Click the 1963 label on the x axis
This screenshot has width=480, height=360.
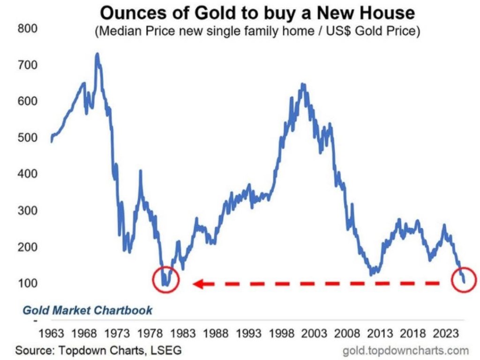pyautogui.click(x=51, y=334)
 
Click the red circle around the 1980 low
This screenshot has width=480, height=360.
pyautogui.click(x=166, y=280)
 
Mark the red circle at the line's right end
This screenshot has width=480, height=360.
pyautogui.click(x=464, y=280)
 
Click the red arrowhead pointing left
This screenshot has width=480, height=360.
pyautogui.click(x=198, y=283)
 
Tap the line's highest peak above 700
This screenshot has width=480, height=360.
pyautogui.click(x=97, y=54)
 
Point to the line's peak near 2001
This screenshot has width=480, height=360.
pyautogui.click(x=302, y=85)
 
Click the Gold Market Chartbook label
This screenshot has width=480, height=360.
pyautogui.click(x=88, y=310)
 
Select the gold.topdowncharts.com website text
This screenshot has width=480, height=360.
pyautogui.click(x=406, y=350)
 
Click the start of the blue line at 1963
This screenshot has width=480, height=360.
pyautogui.click(x=51, y=140)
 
